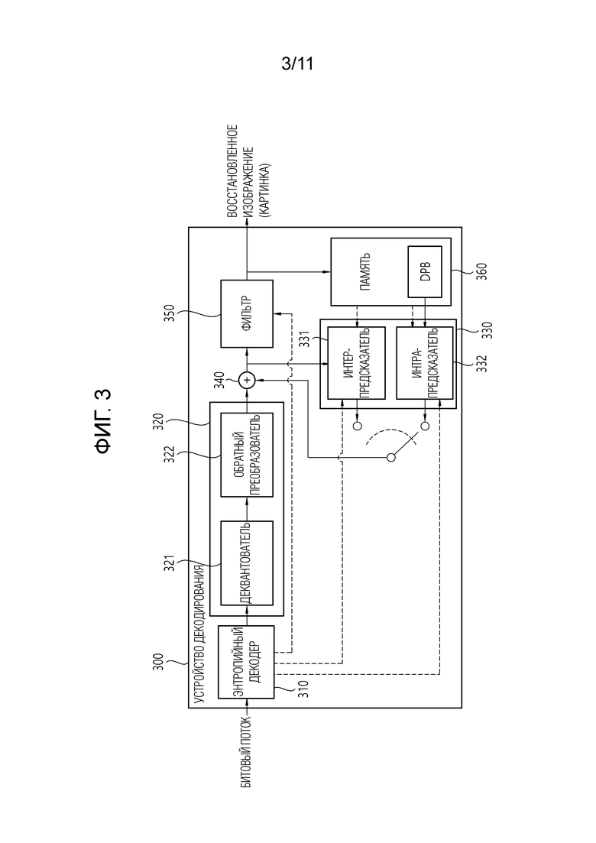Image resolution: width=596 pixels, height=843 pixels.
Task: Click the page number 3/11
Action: (x=297, y=64)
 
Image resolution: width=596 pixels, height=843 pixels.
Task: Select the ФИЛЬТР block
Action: (x=248, y=313)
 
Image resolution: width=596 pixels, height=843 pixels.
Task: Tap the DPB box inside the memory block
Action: (x=425, y=271)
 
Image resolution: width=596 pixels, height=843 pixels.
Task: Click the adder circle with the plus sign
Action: (x=247, y=381)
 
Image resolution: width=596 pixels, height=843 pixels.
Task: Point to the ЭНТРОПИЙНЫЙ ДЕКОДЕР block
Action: (x=246, y=662)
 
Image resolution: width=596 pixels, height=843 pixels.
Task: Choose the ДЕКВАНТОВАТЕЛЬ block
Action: (x=248, y=563)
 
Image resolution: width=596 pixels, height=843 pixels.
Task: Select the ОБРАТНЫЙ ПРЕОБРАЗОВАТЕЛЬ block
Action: (x=248, y=455)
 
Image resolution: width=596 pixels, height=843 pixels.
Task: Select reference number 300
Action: (x=159, y=666)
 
